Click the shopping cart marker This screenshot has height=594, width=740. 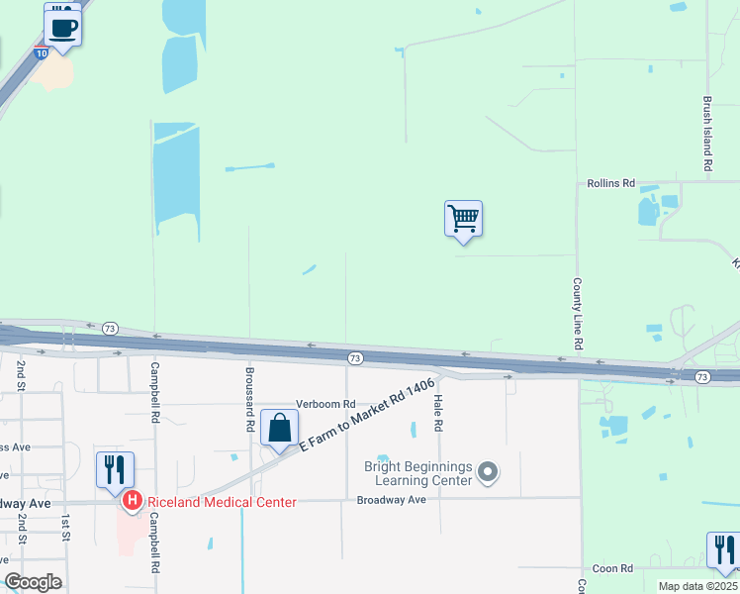pos(463,217)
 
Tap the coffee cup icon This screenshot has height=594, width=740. pos(63,28)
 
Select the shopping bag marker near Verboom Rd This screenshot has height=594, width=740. pos(280,429)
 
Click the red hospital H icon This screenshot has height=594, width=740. pos(132,502)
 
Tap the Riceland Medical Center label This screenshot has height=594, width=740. pos(222,502)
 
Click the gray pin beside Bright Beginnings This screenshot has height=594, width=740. pos(487,473)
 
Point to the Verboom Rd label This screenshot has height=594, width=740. pos(325,404)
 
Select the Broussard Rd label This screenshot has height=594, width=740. pos(248,400)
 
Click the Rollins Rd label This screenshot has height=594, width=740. pos(607,183)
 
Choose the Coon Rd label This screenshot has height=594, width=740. pos(612,568)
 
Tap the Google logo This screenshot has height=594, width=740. pos(32,582)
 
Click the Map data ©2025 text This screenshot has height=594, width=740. pos(697,586)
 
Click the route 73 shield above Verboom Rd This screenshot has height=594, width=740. pos(354,357)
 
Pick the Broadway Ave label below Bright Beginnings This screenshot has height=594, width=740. pos(391,500)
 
